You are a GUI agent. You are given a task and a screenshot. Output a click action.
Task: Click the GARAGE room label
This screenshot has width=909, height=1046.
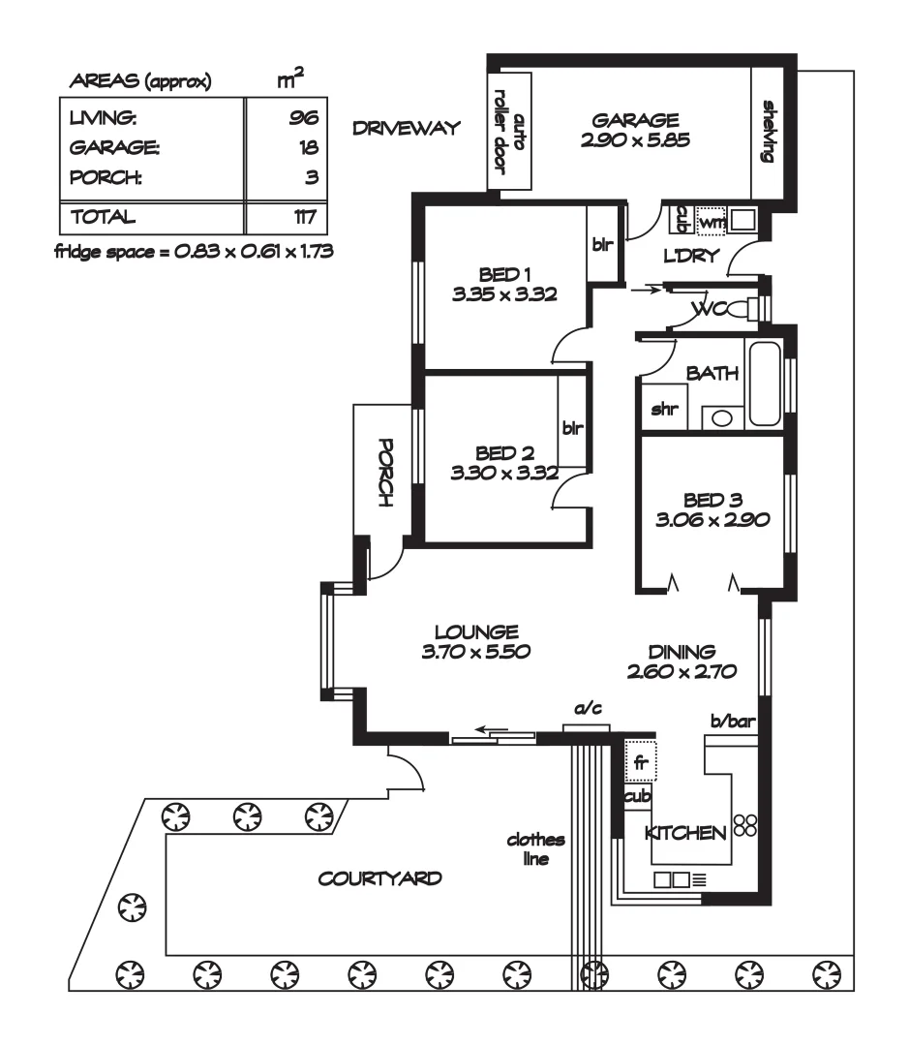(636, 121)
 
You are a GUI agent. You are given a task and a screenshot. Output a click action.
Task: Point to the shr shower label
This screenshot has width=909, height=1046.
(662, 410)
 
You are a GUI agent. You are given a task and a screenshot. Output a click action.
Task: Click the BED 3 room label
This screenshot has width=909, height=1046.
(712, 500)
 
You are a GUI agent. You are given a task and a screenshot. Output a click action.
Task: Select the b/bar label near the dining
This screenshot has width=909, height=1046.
(733, 722)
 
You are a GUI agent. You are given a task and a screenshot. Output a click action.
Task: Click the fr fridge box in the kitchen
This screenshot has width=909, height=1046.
(640, 760)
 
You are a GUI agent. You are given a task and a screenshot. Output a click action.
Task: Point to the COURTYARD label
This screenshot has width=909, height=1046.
(380, 879)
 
